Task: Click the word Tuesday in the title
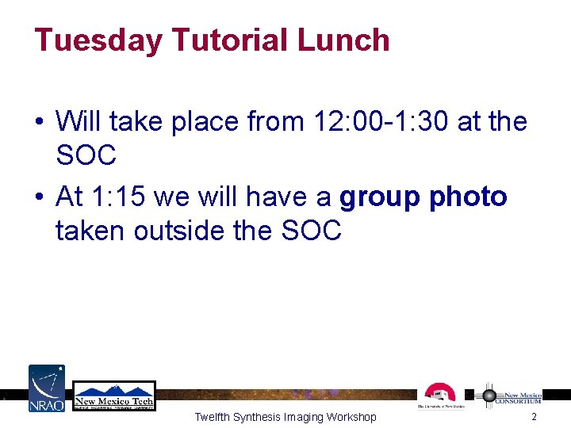tap(97, 40)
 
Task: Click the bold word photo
tap(468, 197)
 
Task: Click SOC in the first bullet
tap(86, 156)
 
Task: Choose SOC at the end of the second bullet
tap(311, 231)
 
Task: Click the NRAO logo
tap(47, 388)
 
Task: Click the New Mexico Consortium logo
tap(513, 396)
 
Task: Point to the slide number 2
tap(535, 417)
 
